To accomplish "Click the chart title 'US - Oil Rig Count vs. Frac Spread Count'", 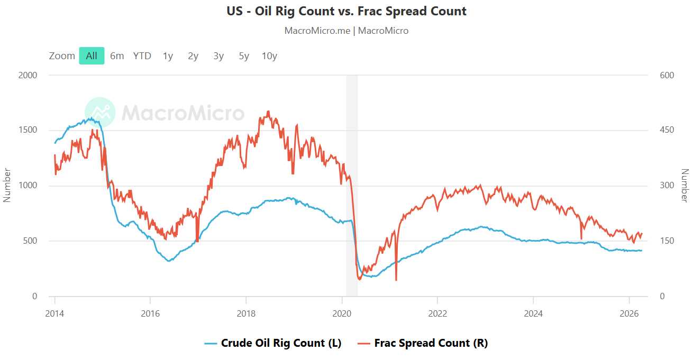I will coord(346,11).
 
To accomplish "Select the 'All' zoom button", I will coord(92,56).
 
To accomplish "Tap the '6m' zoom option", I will coord(117,56).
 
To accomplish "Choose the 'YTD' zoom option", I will coord(142,56).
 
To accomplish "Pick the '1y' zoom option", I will coord(168,56).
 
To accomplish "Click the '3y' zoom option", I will coord(218,56).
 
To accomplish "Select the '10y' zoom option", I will coord(269,56).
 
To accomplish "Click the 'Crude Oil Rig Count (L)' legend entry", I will coord(272,343).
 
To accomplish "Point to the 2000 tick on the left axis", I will coord(28,75).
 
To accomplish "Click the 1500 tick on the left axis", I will coord(28,131).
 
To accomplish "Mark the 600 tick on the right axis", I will coord(666,75).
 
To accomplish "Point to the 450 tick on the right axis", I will coord(666,131).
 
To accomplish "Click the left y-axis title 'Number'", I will coord(7,186).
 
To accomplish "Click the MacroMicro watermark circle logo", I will coord(100,113).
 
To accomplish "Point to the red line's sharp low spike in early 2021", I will coord(396,280).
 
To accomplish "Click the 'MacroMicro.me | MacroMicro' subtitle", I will coord(346,31).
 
